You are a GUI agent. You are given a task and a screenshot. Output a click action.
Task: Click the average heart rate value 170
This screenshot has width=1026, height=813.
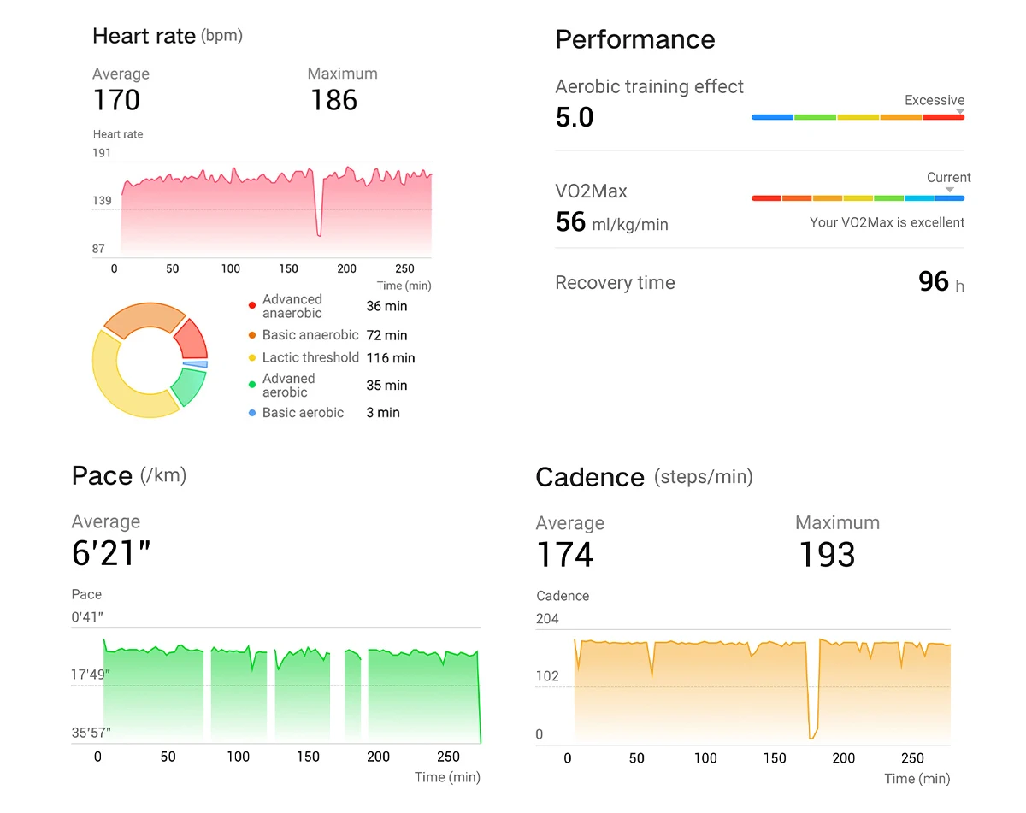(116, 100)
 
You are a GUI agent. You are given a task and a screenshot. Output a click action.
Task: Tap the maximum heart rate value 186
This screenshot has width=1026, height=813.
(333, 100)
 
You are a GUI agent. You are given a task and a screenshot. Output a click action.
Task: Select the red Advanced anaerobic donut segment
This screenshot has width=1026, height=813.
(192, 339)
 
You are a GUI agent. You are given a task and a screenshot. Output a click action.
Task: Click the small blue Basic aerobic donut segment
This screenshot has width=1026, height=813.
(196, 364)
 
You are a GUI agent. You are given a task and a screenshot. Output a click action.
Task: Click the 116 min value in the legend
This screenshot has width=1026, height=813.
(390, 358)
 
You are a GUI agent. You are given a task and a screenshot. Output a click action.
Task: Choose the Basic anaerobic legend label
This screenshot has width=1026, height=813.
(310, 335)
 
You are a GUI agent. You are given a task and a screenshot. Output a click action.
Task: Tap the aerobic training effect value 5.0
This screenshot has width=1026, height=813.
(575, 117)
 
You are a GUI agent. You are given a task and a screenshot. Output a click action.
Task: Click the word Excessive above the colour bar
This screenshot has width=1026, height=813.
(934, 100)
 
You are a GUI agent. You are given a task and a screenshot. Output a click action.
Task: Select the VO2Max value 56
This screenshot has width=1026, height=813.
(570, 222)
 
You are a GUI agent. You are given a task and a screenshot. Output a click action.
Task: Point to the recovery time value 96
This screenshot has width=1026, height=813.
(933, 282)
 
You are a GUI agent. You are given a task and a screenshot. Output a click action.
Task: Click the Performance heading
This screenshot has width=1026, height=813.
(634, 39)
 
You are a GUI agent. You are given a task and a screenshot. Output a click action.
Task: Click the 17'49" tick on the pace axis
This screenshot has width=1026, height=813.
(91, 675)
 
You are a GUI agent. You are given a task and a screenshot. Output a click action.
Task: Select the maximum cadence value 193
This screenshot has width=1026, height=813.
(826, 555)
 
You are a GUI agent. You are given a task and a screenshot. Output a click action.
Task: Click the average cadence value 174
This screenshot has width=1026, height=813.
(564, 555)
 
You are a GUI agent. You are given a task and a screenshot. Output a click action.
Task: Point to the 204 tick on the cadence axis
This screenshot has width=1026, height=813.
(547, 619)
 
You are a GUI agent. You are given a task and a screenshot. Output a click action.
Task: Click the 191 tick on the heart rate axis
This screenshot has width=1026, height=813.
(102, 153)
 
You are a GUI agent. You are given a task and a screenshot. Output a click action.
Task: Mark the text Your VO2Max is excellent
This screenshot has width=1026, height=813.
(887, 222)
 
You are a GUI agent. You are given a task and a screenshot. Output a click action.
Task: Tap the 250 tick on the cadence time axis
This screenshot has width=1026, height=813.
(912, 758)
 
